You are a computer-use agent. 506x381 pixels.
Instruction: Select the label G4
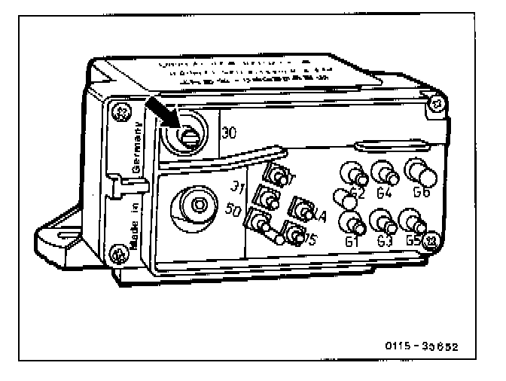(385, 194)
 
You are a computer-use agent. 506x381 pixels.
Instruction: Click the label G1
(351, 242)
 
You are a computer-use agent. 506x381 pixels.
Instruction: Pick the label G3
(386, 242)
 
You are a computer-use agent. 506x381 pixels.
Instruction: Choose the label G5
(413, 242)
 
